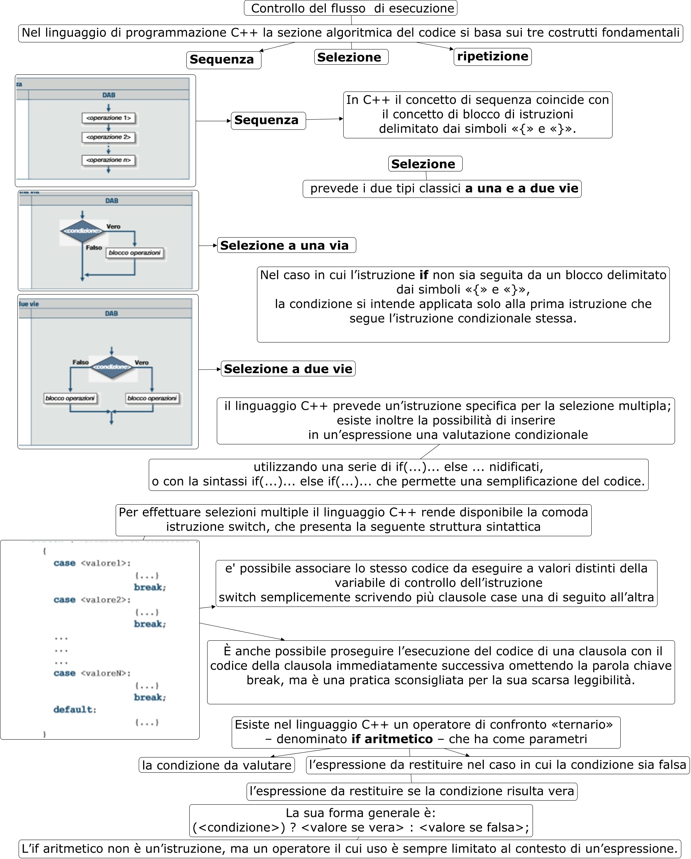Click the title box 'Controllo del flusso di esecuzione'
point(350,8)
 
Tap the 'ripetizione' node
point(492,57)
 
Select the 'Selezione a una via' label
point(286,245)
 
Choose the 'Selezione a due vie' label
point(288,369)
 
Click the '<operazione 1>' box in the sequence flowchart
point(108,118)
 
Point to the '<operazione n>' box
point(108,160)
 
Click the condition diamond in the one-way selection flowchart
point(82,231)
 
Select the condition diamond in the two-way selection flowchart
point(112,367)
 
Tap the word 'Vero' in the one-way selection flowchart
point(113,227)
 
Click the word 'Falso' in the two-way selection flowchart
point(80,362)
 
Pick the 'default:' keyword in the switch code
point(74,709)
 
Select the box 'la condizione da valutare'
point(216,765)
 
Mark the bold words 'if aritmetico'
point(392,739)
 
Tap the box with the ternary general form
point(361,820)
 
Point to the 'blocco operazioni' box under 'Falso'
point(70,398)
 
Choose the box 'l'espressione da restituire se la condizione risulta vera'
point(412,791)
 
